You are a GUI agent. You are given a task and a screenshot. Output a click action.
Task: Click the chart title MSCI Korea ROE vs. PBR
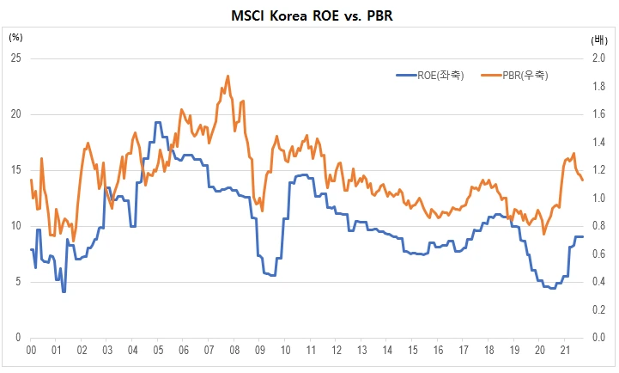[x=308, y=15]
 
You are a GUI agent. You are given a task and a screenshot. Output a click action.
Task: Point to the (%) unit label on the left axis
[x=16, y=37]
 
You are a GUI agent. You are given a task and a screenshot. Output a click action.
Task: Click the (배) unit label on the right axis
[x=598, y=40]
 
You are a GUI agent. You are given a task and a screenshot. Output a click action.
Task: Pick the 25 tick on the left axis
[x=15, y=58]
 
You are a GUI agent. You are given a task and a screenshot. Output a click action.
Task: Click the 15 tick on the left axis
[x=15, y=170]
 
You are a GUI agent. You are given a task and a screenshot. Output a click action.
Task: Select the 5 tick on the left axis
[x=17, y=282]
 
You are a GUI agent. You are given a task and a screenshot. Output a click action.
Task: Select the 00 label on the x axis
[x=31, y=351]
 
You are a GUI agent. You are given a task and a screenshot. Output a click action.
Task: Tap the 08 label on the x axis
[x=234, y=351]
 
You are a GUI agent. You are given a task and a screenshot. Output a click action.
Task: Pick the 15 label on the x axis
[x=413, y=351]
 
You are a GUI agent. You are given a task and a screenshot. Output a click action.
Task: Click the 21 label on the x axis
[x=565, y=351]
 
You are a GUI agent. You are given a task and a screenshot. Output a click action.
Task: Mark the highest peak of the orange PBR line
[x=228, y=76]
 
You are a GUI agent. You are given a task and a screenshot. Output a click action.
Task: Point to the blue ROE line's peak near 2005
[x=158, y=123]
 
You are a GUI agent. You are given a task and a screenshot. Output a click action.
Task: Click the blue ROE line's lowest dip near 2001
[x=64, y=291]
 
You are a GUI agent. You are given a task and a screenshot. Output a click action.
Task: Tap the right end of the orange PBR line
[x=583, y=180]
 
